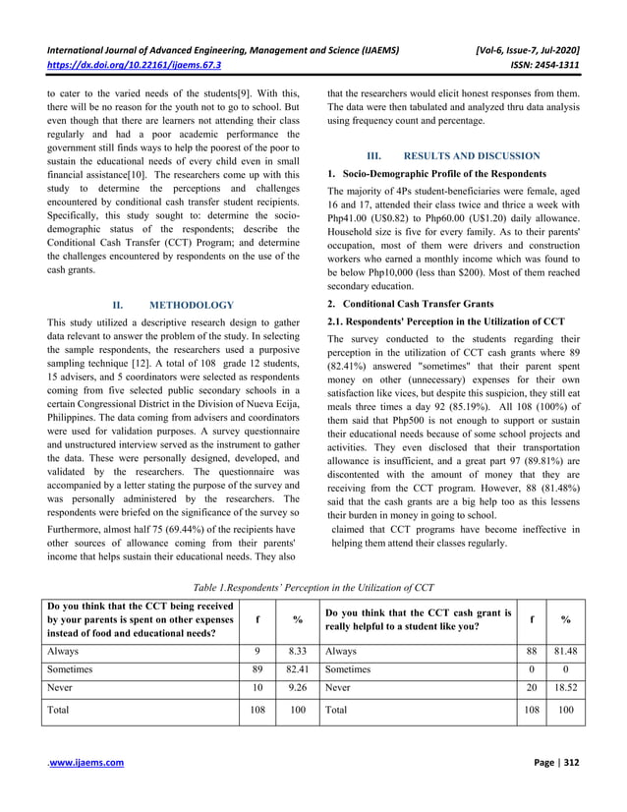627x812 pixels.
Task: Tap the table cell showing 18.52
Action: pyautogui.click(x=565, y=696)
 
